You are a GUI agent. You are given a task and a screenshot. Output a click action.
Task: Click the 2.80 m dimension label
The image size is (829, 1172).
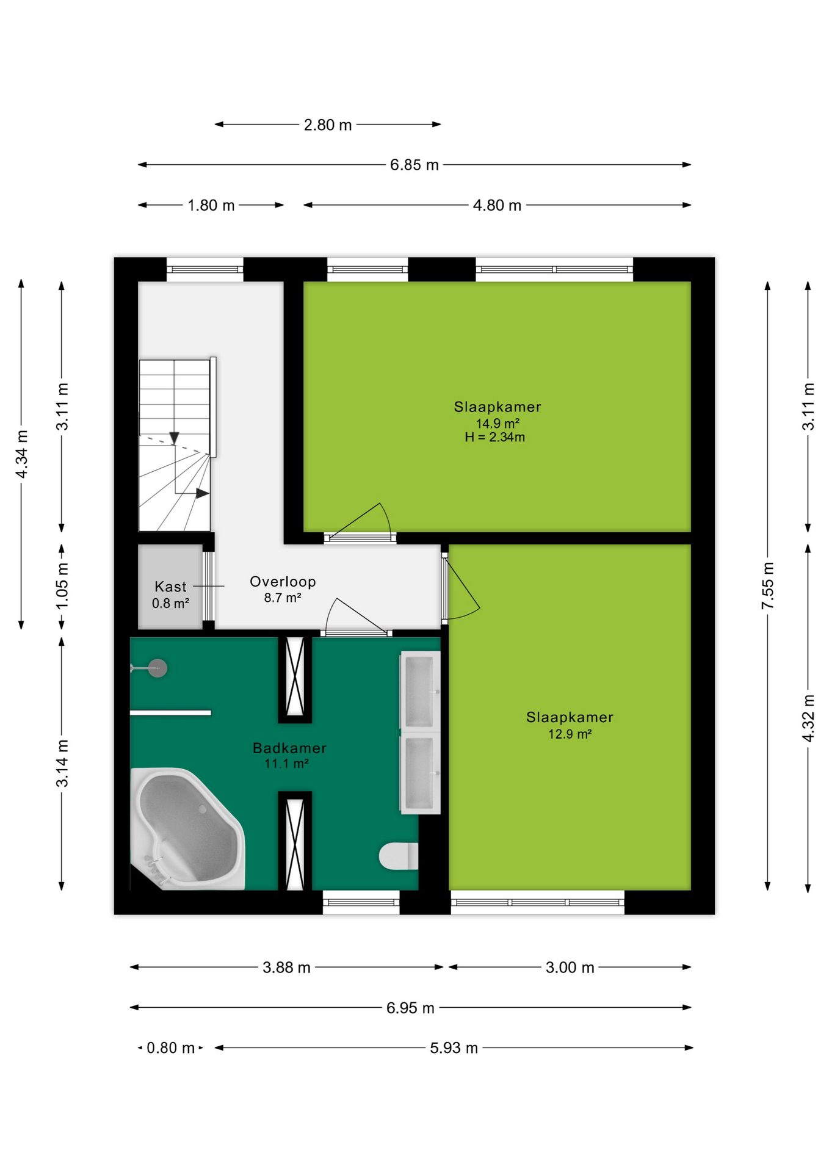[328, 125]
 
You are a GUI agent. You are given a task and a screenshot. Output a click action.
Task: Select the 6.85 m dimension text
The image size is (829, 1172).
[415, 165]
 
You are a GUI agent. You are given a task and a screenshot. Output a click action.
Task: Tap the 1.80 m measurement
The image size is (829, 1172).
[211, 205]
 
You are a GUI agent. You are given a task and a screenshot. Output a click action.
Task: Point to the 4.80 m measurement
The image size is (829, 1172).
[497, 205]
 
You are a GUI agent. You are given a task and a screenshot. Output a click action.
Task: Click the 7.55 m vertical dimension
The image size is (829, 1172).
[767, 585]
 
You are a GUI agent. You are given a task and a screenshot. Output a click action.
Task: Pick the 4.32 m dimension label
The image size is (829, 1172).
[808, 718]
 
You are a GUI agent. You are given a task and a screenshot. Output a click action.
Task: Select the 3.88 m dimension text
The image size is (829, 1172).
[286, 968]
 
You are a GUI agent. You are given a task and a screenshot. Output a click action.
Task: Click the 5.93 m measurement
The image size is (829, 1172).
[454, 1048]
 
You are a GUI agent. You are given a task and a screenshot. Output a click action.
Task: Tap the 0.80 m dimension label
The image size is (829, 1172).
[170, 1048]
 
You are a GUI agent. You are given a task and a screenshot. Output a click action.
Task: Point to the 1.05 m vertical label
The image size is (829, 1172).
[62, 585]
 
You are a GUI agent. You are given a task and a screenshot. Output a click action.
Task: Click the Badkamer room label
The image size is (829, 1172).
[289, 748]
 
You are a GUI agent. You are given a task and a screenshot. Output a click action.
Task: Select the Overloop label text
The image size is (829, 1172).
[283, 582]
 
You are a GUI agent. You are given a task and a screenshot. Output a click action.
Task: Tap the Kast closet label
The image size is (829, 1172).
[170, 587]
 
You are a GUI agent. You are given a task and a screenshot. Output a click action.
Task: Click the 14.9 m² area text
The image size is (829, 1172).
[498, 423]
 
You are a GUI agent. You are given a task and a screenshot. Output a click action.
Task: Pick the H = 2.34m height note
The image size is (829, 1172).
[494, 437]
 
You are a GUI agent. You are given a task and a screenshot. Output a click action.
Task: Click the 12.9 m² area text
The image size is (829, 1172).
[570, 734]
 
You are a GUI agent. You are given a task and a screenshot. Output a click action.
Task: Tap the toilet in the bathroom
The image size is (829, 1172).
[399, 856]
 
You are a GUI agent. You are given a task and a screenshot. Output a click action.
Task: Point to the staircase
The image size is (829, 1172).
[175, 445]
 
